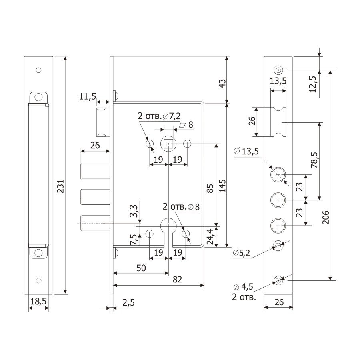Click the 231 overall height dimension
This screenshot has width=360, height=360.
(61, 186)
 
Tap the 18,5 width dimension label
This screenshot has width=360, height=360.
(38, 301)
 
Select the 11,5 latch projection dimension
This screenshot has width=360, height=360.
(88, 96)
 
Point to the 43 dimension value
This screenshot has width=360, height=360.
(222, 84)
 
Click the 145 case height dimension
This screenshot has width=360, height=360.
(222, 186)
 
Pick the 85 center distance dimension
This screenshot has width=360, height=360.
(210, 188)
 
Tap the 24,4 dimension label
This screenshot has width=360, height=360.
(210, 237)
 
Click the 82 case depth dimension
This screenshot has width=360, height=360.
(177, 280)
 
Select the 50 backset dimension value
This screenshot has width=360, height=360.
(141, 268)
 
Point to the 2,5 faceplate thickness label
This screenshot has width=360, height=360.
(128, 303)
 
